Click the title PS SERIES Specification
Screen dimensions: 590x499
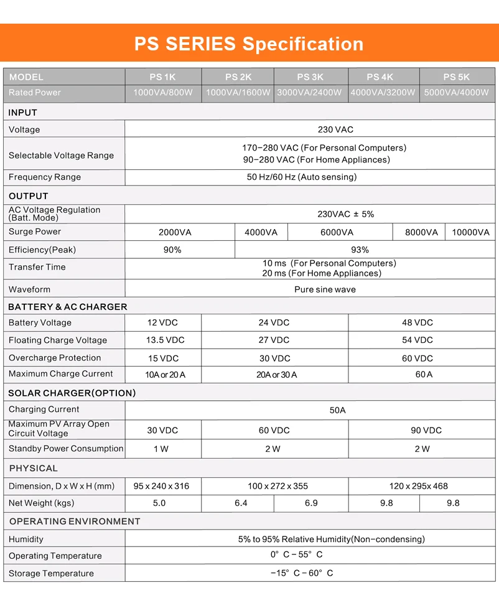point(249,44)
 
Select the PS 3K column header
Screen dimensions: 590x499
point(310,77)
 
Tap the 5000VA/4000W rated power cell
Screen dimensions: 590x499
point(456,93)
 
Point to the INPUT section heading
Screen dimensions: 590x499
point(23,113)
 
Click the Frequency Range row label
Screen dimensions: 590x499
point(45,177)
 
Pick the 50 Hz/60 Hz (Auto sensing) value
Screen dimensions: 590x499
point(302,177)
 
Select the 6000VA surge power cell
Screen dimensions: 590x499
point(337,233)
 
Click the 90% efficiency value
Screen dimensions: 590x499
point(172,250)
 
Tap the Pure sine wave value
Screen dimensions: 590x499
point(325,289)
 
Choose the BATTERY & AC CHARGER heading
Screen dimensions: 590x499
point(67,307)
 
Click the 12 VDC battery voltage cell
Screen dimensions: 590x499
point(162,323)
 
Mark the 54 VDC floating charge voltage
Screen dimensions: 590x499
point(417,340)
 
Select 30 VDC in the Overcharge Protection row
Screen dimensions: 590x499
point(274,358)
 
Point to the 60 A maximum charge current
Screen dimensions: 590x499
point(424,375)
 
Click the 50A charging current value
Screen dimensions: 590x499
point(337,410)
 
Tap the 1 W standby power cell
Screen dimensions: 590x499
point(161,449)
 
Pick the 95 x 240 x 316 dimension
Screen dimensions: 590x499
point(161,486)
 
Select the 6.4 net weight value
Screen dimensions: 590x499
point(241,503)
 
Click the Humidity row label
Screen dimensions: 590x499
point(26,540)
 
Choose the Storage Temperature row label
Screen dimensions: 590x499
point(51,574)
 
